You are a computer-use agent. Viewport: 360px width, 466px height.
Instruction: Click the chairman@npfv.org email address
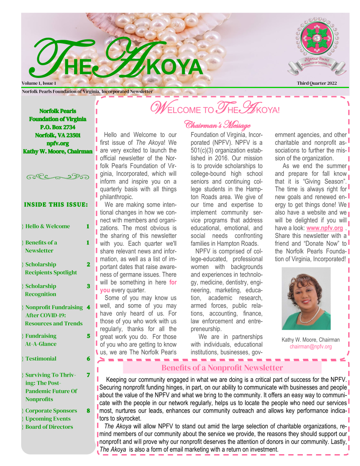[x=310, y=347]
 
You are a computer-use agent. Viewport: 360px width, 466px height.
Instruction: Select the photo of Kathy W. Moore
[x=306, y=298]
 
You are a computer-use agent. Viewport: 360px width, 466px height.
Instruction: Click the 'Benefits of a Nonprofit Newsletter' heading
[x=222, y=368]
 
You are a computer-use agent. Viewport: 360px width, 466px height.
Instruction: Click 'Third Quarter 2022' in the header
[x=317, y=83]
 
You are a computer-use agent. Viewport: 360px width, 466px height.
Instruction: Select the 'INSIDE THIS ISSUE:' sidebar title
[x=56, y=205]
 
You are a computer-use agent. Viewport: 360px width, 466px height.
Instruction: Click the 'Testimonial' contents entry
[x=41, y=359]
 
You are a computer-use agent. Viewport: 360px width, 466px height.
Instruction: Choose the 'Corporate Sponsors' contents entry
[x=51, y=411]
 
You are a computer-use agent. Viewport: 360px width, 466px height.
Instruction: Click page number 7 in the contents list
[x=88, y=375]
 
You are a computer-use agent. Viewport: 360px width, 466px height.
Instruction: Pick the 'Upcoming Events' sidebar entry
[x=48, y=419]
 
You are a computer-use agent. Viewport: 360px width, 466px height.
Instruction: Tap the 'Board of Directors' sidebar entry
[x=49, y=427]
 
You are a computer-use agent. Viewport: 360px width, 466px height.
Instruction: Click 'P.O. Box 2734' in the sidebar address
[x=58, y=127]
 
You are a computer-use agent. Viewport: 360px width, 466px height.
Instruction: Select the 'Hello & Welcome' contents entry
[x=47, y=226]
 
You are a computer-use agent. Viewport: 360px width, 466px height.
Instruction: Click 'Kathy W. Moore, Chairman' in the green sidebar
[x=58, y=152]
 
